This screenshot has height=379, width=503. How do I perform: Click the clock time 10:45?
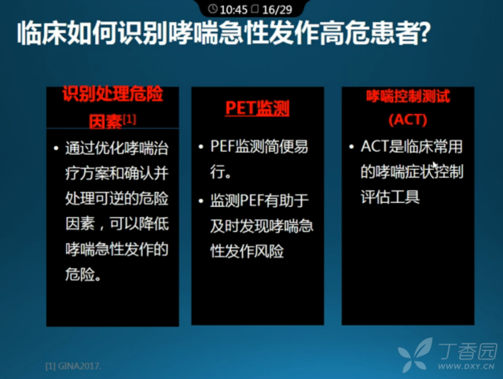tap(233, 9)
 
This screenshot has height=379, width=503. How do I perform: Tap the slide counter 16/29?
tap(277, 9)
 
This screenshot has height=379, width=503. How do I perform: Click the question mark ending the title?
tap(424, 33)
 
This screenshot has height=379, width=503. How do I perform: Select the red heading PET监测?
tap(257, 108)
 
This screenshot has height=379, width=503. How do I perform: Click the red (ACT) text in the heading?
tap(408, 120)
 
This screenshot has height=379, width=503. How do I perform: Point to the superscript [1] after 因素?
tap(130, 120)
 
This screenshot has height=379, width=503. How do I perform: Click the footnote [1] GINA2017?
tap(73, 366)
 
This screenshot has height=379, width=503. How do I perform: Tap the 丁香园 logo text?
tap(468, 351)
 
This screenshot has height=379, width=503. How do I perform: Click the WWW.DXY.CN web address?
tap(466, 366)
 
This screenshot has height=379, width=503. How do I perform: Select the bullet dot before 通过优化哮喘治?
tap(57, 149)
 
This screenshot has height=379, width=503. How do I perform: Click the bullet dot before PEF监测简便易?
tap(201, 147)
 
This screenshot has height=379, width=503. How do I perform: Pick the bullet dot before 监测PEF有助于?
tap(201, 201)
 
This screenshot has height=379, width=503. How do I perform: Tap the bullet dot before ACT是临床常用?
tap(351, 147)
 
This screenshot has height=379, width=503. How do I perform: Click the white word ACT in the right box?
tap(375, 146)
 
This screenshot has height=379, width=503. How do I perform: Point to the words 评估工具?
tap(390, 197)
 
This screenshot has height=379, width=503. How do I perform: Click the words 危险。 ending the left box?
tap(83, 274)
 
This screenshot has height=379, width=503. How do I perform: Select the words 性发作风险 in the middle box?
tap(247, 251)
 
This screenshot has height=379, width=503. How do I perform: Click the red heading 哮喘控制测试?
tap(408, 96)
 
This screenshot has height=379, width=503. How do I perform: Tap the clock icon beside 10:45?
tap(212, 9)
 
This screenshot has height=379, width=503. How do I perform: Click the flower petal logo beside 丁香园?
tap(416, 355)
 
